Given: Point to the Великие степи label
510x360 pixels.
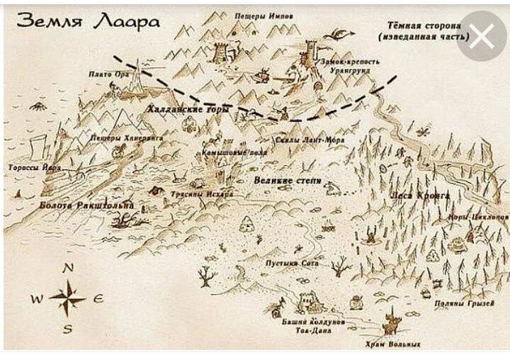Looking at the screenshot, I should (288, 181).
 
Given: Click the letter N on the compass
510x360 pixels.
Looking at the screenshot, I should (69, 268).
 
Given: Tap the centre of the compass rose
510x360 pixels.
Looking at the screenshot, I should (69, 298).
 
